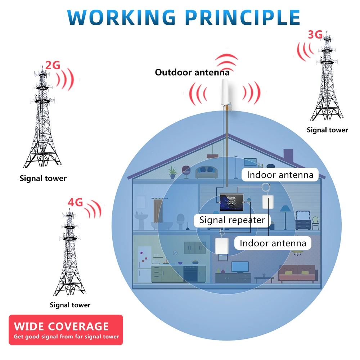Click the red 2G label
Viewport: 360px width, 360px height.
tap(53, 65)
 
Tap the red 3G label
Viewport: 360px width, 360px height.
tap(315, 35)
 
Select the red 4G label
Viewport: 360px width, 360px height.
tap(75, 202)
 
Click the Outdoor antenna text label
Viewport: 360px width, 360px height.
tap(192, 72)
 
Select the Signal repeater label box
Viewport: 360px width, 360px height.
tap(232, 220)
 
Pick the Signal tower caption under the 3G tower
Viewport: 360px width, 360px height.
tap(327, 130)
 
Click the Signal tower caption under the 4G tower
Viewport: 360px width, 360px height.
tap(70, 305)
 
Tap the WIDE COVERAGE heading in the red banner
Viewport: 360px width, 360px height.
tap(61, 326)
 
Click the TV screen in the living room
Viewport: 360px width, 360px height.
tap(240, 266)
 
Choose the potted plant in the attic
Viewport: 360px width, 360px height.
tap(173, 172)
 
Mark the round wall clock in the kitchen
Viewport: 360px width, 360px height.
tap(175, 253)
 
